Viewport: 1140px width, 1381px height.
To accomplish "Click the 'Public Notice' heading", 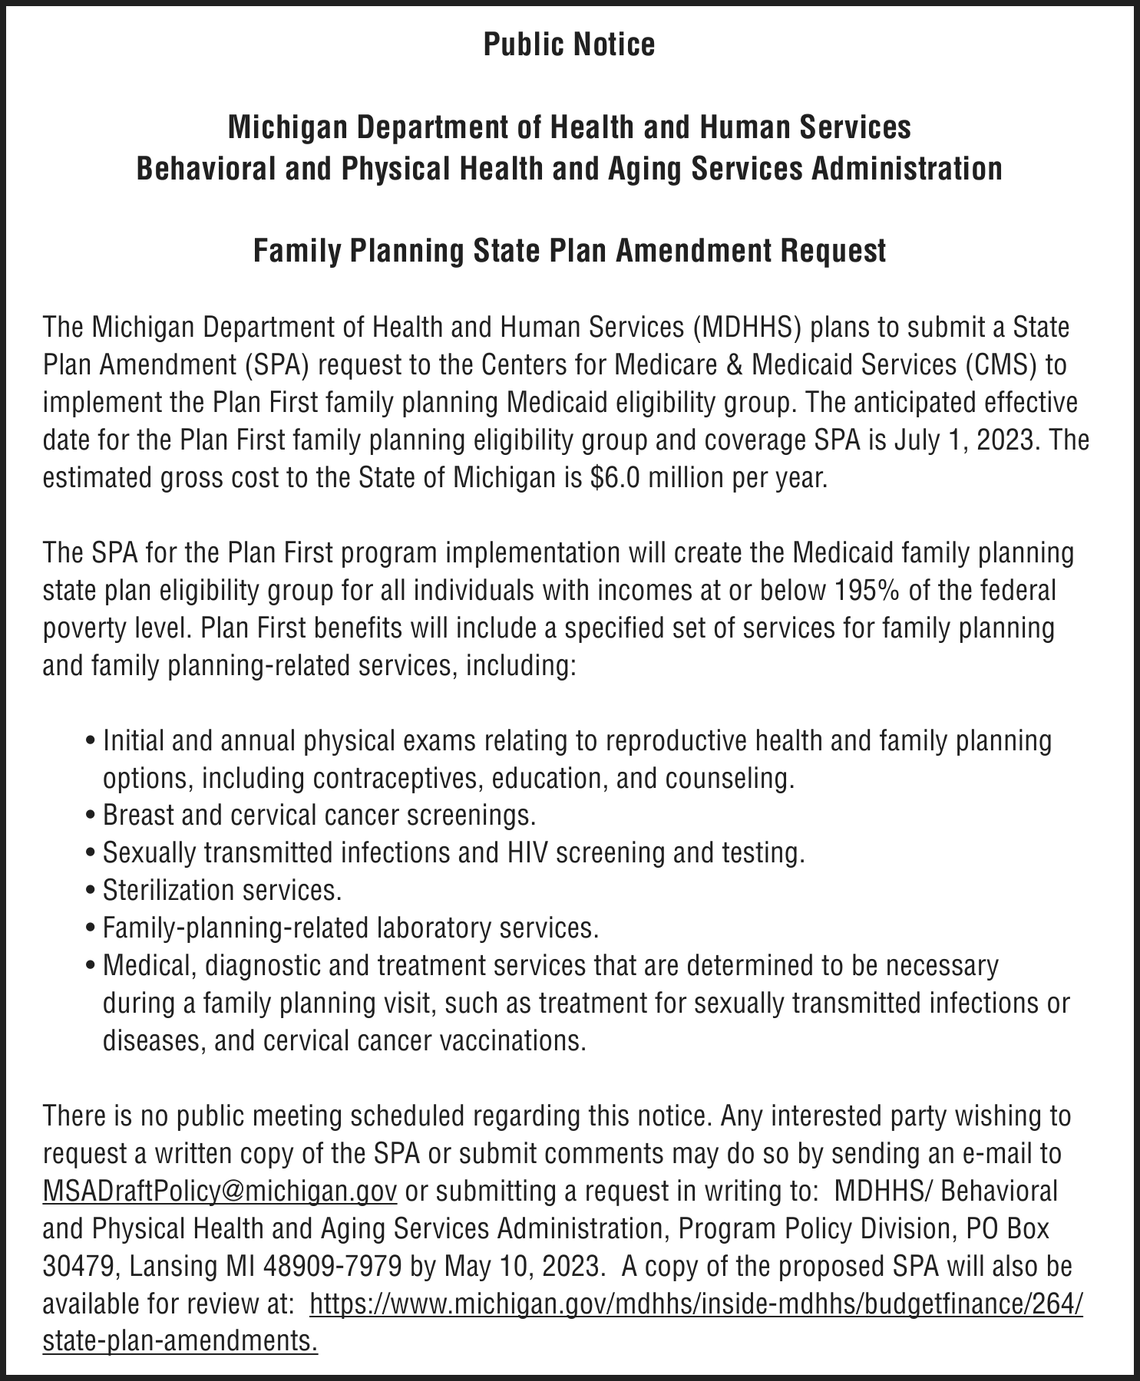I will click(x=569, y=44).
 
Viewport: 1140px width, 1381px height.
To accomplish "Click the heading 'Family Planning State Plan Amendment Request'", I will click(x=570, y=251).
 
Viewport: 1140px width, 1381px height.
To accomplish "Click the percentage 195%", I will click(x=861, y=591).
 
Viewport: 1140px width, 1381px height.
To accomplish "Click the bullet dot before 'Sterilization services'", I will click(x=92, y=892).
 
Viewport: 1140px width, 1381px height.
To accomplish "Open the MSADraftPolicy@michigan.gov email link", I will click(x=220, y=1191).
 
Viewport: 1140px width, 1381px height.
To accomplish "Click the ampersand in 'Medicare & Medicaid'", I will click(x=735, y=365).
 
